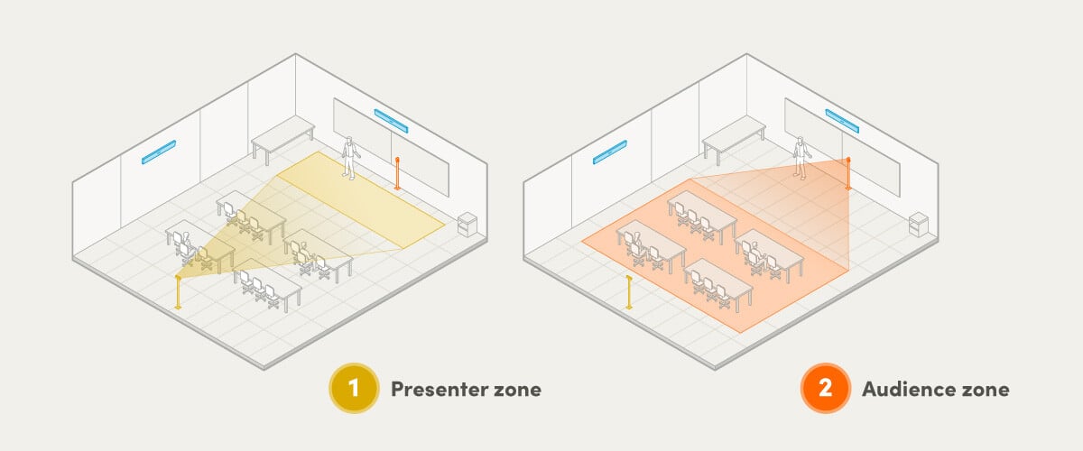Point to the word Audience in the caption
pyautogui.click(x=906, y=390)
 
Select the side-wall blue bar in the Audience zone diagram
pyautogui.click(x=609, y=153)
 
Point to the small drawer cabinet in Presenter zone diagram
pyautogui.click(x=467, y=224)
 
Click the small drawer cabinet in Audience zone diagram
pyautogui.click(x=919, y=224)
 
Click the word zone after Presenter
pyautogui.click(x=514, y=390)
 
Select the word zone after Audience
pyautogui.click(x=981, y=390)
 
